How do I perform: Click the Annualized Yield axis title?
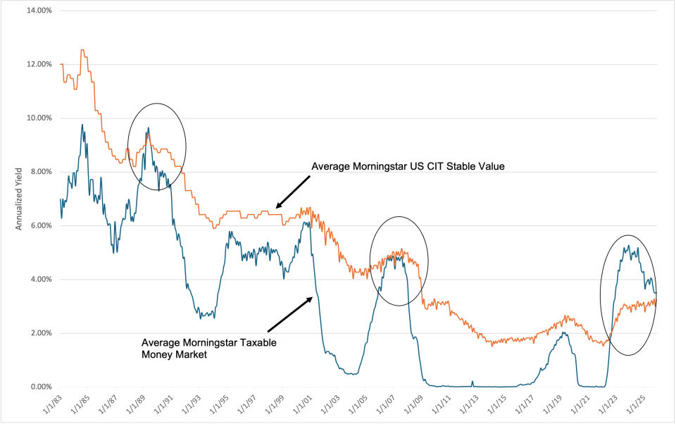tap(20, 199)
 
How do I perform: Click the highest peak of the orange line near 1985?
tap(83, 50)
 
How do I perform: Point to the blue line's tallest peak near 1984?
tap(82, 125)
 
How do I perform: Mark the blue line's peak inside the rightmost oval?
tap(627, 245)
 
